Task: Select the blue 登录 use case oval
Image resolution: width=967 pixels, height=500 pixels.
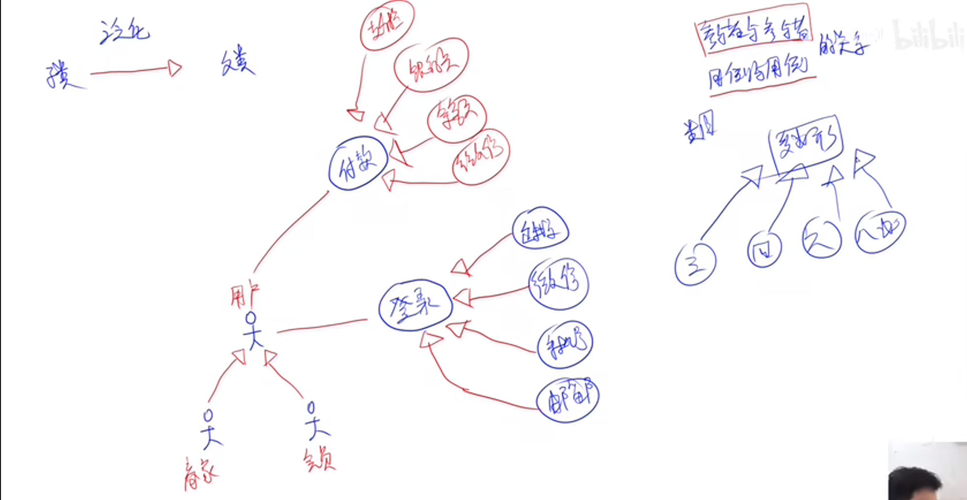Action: pyautogui.click(x=415, y=306)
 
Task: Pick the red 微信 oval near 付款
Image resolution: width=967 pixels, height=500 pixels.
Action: pyautogui.click(x=481, y=157)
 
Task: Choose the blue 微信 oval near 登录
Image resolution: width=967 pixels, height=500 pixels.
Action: pyautogui.click(x=558, y=284)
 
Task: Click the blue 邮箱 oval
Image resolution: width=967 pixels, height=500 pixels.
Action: pyautogui.click(x=567, y=400)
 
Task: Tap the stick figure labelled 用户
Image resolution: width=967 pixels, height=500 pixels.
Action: pyautogui.click(x=253, y=331)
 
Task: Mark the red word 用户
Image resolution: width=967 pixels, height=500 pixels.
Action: pyautogui.click(x=245, y=295)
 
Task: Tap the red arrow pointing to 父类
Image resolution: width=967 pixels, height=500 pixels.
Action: pyautogui.click(x=136, y=70)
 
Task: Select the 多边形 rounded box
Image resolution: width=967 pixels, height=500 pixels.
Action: pyautogui.click(x=806, y=143)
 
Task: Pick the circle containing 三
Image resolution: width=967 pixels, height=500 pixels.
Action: pyautogui.click(x=695, y=265)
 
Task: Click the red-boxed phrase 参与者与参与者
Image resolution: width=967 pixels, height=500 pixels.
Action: pyautogui.click(x=753, y=30)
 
